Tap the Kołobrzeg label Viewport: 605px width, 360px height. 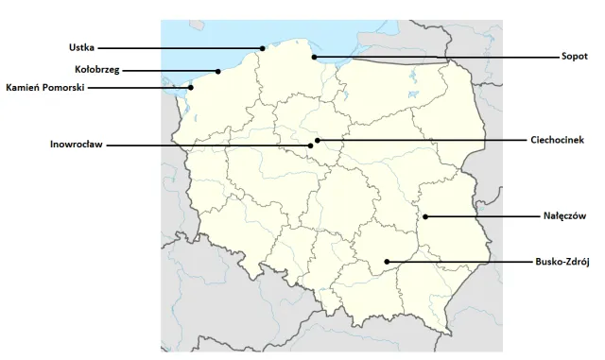tap(96, 69)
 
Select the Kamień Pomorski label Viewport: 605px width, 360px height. tap(45, 87)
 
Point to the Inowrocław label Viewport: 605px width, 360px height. tap(77, 145)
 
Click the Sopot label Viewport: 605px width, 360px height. tap(574, 57)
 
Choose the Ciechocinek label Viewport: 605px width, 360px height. tap(559, 140)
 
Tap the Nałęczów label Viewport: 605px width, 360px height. tap(565, 216)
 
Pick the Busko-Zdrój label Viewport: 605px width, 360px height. tap(562, 262)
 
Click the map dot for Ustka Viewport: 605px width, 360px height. tap(263, 47)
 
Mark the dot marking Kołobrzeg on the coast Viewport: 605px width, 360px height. tap(218, 70)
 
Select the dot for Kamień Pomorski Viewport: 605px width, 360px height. tap(191, 87)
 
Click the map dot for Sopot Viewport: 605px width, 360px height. tap(315, 57)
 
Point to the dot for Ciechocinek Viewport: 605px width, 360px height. tap(319, 140)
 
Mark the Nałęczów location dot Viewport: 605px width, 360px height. tap(425, 217)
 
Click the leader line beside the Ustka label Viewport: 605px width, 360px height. tap(180, 47)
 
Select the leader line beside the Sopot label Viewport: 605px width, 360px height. tap(435, 57)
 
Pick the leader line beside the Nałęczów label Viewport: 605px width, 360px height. tap(482, 217)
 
